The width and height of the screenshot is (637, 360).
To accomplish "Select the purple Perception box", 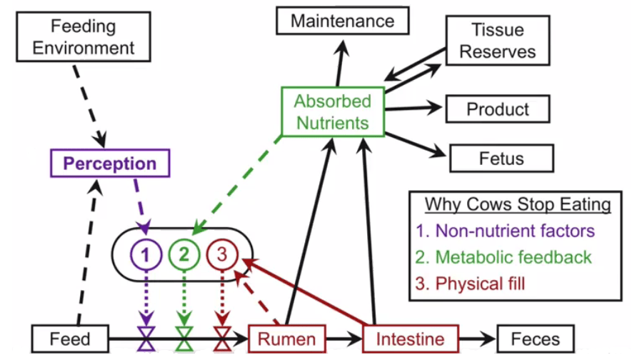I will click(x=110, y=163).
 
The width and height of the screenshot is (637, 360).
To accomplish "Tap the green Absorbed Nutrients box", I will click(x=333, y=111).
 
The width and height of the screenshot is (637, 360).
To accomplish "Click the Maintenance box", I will click(x=342, y=21).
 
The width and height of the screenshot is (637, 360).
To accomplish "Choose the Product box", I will click(x=498, y=109).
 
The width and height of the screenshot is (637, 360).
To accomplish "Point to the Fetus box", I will click(x=501, y=158).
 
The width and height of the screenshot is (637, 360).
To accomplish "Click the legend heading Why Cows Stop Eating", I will click(x=518, y=205).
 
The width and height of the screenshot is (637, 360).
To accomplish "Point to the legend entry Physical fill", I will click(x=480, y=284).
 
